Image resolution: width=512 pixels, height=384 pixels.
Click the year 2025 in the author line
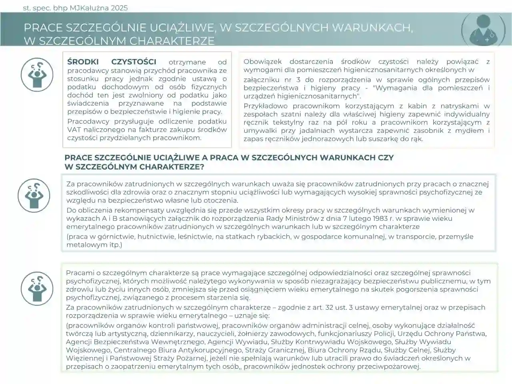pyautogui.click(x=119, y=8)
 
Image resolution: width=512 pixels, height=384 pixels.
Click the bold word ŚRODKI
pyautogui.click(x=83, y=62)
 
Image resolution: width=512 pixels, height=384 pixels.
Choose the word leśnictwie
pyautogui.click(x=194, y=236)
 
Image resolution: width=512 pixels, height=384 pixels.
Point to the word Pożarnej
pyautogui.click(x=190, y=358)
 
